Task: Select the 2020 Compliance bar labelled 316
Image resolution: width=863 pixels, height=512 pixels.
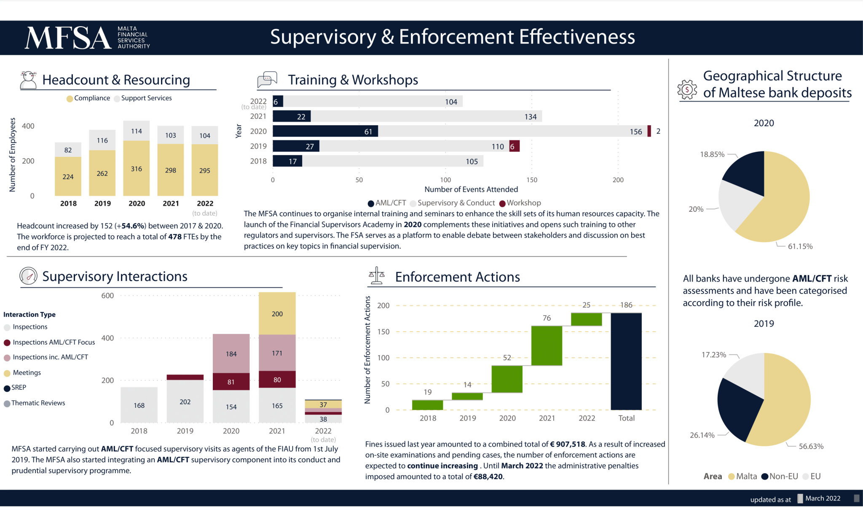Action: (x=136, y=168)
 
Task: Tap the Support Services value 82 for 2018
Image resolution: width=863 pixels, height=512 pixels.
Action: (x=68, y=150)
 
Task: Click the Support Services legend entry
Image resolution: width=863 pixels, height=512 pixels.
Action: (x=146, y=98)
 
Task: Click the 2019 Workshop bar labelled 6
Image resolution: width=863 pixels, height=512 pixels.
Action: (x=514, y=146)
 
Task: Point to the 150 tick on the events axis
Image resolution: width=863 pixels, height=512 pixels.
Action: (x=532, y=180)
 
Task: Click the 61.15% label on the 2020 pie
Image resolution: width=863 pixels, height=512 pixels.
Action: (x=800, y=246)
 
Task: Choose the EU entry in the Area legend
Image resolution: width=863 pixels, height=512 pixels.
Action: (x=815, y=476)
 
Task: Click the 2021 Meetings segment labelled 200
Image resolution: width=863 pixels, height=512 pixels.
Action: (x=277, y=313)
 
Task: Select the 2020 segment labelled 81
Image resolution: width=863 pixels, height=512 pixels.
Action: (x=231, y=382)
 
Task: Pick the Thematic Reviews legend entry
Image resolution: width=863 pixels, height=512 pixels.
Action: (x=38, y=403)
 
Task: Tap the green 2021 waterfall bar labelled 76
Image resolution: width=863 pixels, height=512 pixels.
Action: (x=547, y=345)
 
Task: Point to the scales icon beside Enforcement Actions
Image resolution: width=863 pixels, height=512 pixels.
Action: (x=377, y=276)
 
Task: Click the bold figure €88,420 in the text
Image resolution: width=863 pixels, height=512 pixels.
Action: (x=488, y=477)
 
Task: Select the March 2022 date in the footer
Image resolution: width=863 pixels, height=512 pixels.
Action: (x=823, y=499)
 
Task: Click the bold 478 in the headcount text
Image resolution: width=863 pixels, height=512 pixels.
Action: (x=175, y=237)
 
